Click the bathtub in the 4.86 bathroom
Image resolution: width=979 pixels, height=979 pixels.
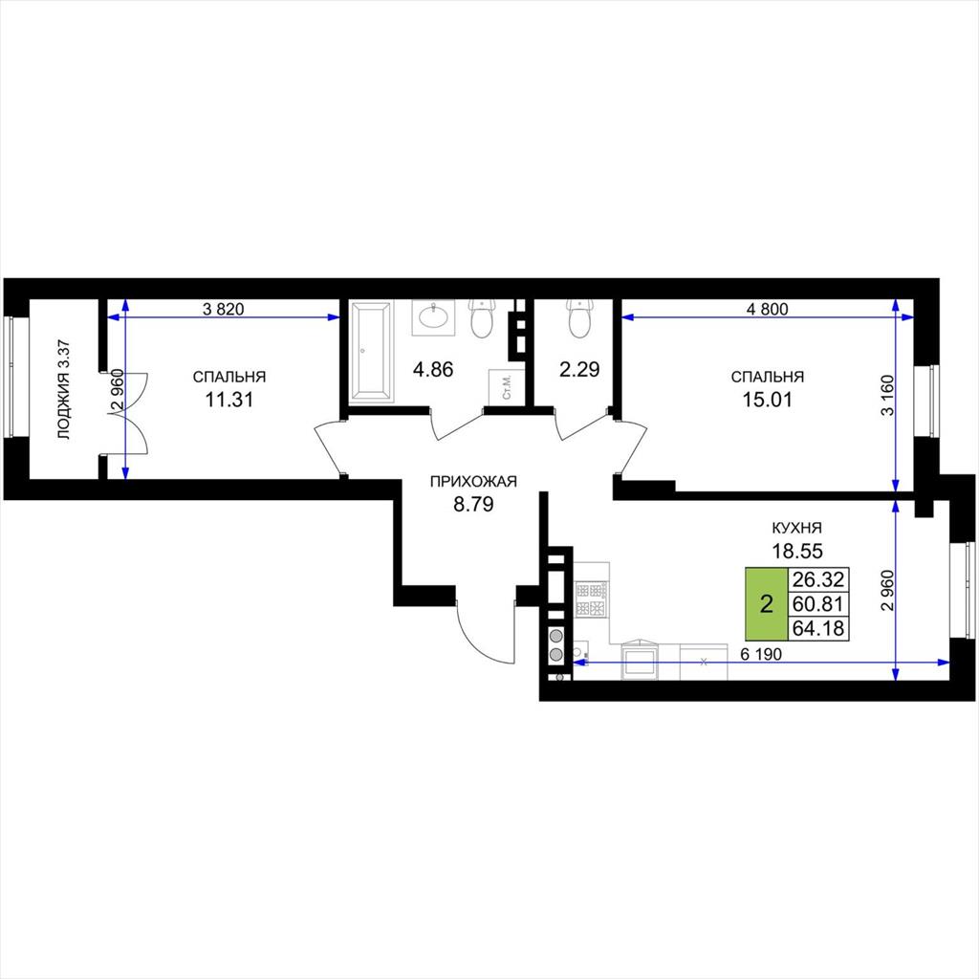point(371,352)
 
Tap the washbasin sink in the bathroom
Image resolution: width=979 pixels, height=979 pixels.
point(432,317)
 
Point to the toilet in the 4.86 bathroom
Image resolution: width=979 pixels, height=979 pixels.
point(482,318)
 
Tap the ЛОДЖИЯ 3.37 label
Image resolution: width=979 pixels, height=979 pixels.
point(64,390)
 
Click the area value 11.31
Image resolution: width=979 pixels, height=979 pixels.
point(229,399)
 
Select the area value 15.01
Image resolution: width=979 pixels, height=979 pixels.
point(767,399)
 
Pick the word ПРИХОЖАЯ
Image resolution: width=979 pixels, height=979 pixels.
point(473,482)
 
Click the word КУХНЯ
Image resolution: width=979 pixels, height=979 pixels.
point(796,528)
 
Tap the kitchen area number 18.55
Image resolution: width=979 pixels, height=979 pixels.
point(797,551)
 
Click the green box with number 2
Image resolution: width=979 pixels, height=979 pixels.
point(766,604)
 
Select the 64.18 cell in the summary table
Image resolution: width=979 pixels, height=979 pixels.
point(818,628)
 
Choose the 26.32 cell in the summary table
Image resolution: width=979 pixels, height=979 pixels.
point(818,579)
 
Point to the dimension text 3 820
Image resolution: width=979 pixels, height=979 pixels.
point(223,309)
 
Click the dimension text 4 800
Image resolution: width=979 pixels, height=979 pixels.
point(768,309)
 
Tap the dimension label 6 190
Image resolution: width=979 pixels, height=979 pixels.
point(761,654)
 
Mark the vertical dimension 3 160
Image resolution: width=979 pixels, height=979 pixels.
point(889,395)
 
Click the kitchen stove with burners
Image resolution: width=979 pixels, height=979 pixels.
point(590,599)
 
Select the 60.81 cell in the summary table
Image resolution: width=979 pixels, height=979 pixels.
point(818,604)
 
